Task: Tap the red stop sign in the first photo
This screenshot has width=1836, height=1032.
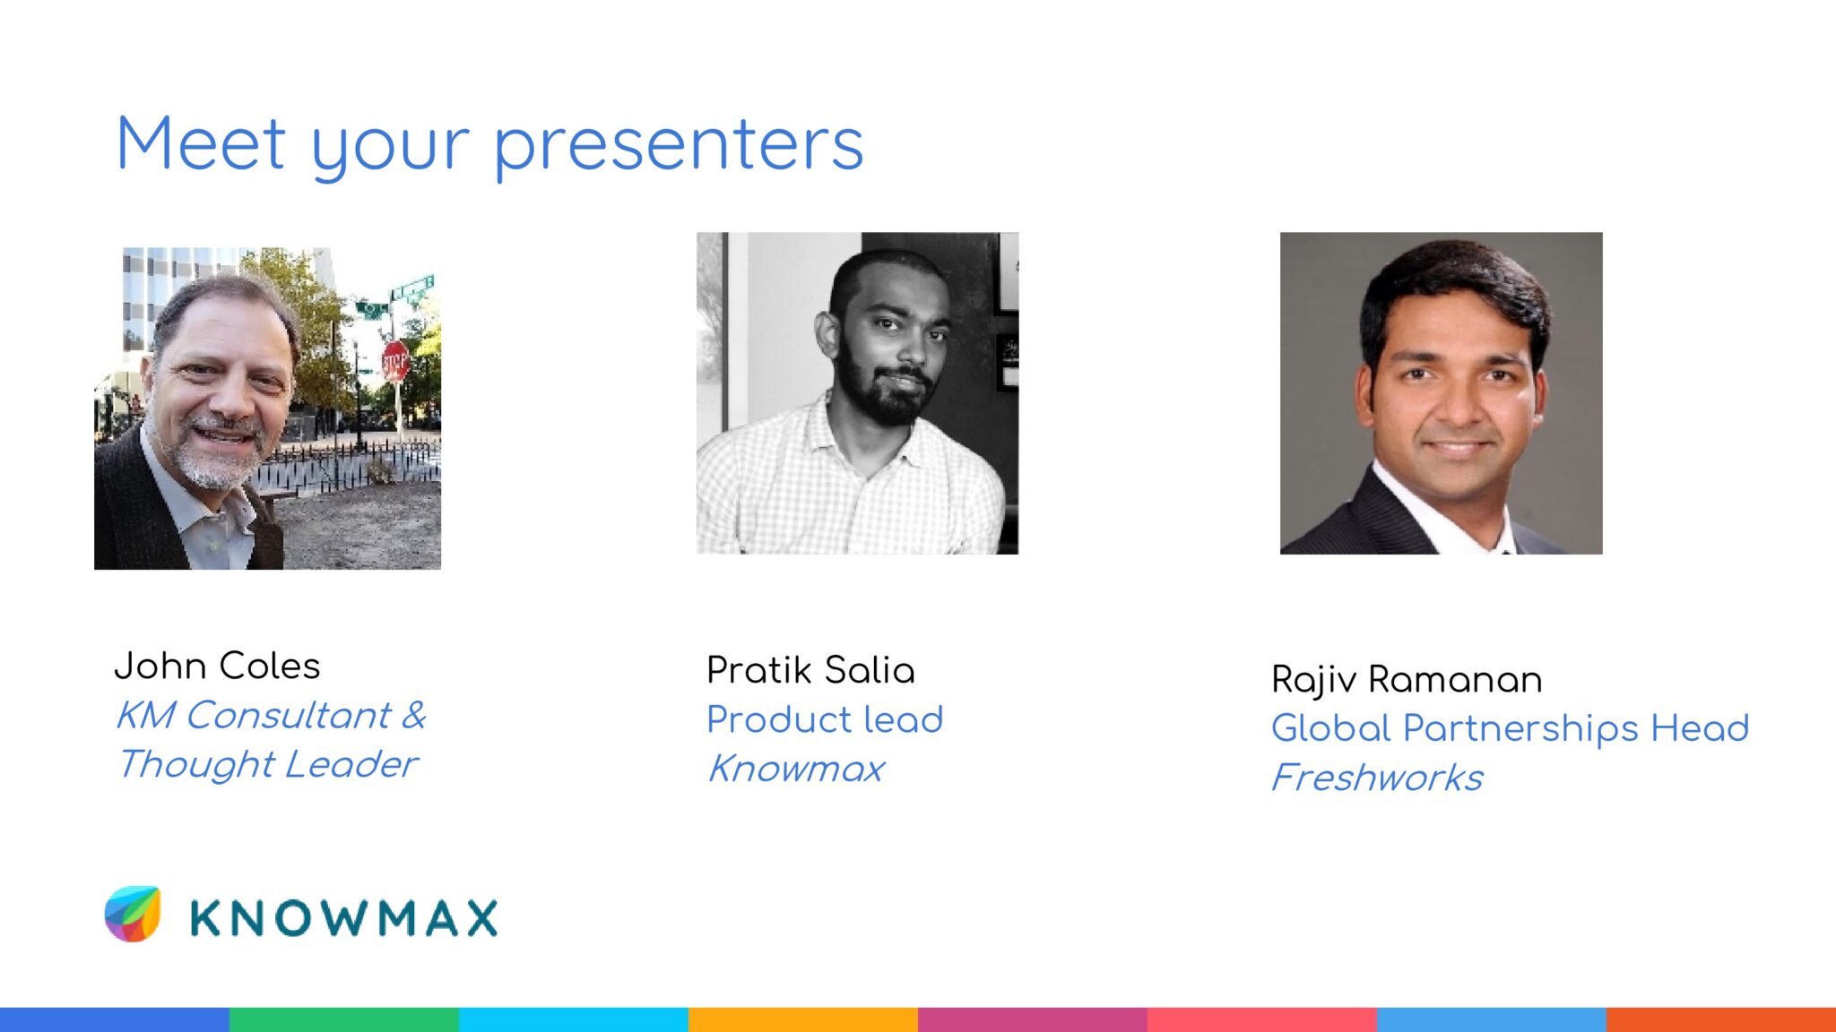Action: tap(395, 361)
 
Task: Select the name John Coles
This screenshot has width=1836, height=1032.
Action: tap(217, 666)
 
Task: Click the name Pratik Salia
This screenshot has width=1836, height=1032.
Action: tap(810, 670)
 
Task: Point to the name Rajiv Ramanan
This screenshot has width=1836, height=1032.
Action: tap(1407, 680)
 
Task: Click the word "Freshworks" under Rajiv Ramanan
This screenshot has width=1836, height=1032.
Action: tap(1377, 778)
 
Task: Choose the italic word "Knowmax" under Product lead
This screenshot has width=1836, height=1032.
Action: tap(796, 769)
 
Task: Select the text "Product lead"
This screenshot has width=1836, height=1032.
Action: tap(825, 719)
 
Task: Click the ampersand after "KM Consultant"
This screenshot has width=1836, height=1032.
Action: tap(414, 715)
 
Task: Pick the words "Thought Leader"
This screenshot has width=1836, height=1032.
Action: tap(267, 764)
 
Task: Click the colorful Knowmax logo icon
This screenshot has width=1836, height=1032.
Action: tap(133, 914)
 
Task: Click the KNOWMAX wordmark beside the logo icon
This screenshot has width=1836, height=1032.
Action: tap(344, 918)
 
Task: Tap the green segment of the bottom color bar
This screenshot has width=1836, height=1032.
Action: tap(344, 1019)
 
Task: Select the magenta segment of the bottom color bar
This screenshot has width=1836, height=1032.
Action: tap(1033, 1019)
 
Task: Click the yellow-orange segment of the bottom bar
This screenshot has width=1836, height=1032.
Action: tap(803, 1019)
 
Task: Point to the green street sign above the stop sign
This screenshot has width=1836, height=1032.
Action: tap(411, 288)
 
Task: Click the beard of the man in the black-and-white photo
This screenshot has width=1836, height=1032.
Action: tap(883, 394)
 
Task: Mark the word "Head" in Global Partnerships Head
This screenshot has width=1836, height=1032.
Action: tap(1700, 727)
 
